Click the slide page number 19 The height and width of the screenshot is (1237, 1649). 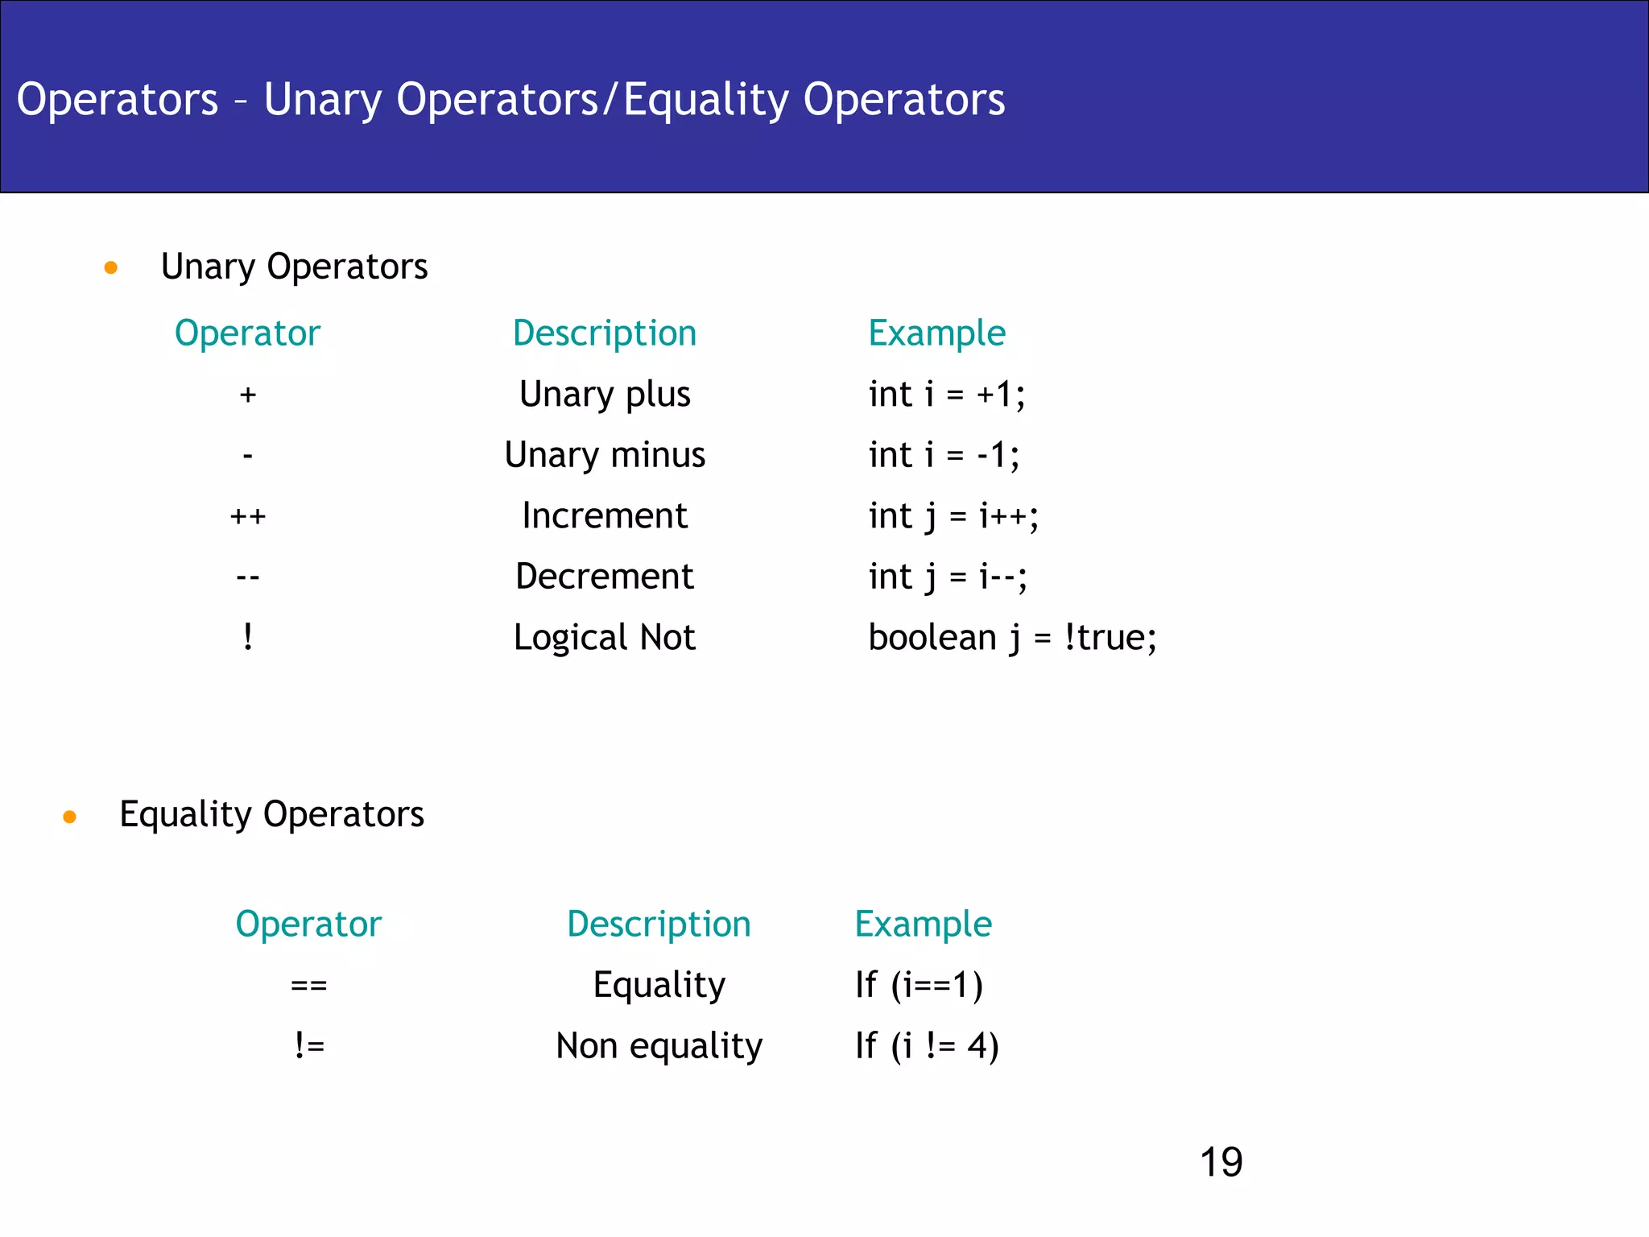(1221, 1162)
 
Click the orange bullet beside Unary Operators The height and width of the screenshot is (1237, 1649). (111, 267)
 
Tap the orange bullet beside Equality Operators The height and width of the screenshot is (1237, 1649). (70, 817)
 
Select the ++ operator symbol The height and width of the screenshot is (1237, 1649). (248, 516)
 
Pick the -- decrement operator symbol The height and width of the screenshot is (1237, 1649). (248, 577)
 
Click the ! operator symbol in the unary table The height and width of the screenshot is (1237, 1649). (248, 638)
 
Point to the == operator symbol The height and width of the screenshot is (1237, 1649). (309, 985)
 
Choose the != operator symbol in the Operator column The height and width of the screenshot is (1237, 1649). (309, 1046)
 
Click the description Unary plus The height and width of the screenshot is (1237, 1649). (605, 395)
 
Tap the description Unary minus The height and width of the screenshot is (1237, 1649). (605, 455)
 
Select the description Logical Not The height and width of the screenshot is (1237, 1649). (605, 638)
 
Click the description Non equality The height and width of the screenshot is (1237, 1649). (659, 1046)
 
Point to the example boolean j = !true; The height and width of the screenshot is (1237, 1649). (1012, 638)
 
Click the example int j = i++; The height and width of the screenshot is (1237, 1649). (953, 516)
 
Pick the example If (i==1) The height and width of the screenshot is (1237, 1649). (919, 985)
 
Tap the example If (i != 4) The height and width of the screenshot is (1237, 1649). (927, 1046)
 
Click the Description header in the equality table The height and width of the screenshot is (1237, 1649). (659, 924)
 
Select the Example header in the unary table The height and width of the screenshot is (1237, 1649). (936, 333)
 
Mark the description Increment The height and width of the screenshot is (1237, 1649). (605, 516)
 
